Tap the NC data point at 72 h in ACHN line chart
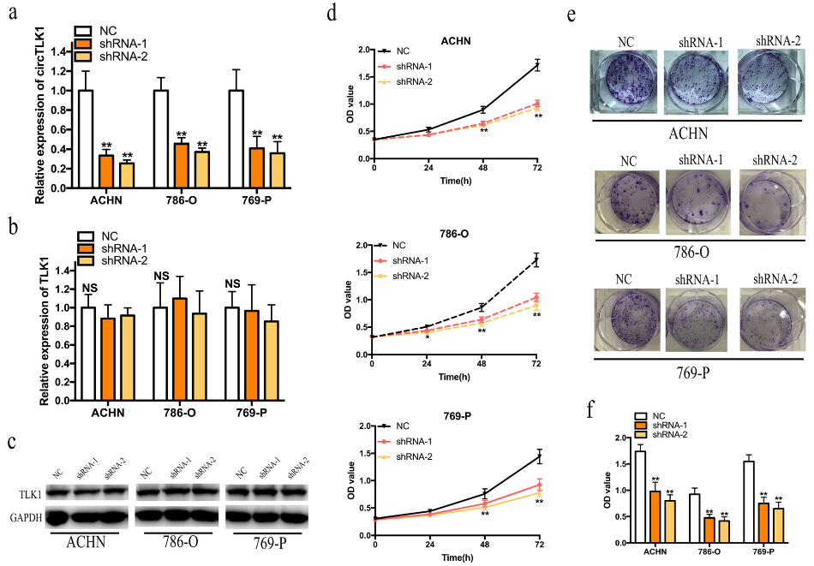tap(537, 66)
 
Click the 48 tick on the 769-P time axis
tap(483, 544)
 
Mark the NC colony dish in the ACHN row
tap(624, 81)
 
